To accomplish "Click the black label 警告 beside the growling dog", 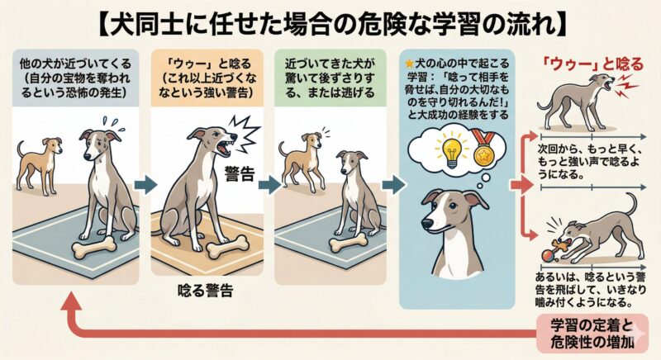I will tap(239, 172).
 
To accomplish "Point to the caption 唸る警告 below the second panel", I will tap(204, 291).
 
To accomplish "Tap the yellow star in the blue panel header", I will tap(404, 62).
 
